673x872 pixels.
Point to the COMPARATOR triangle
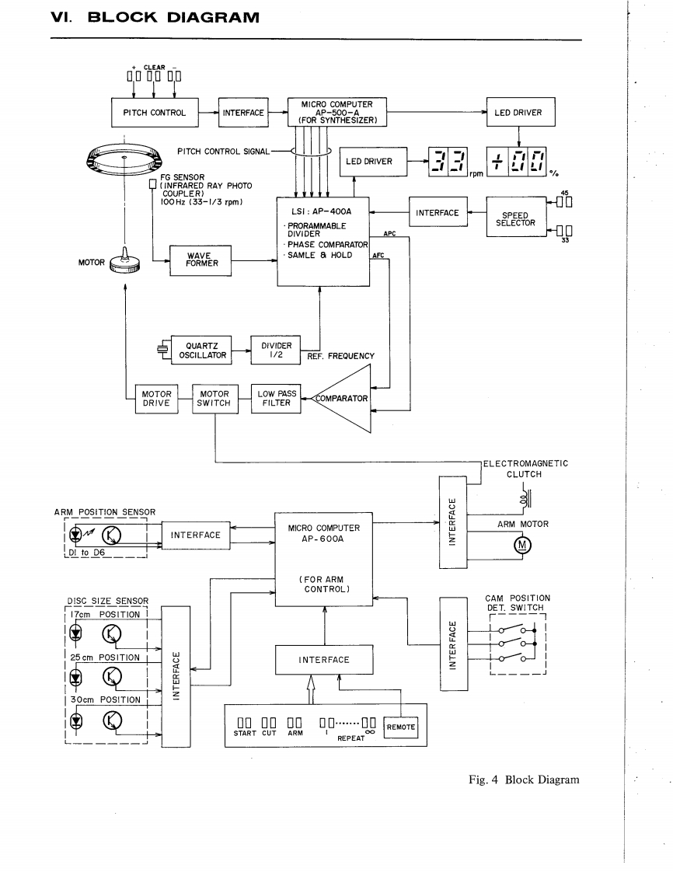click(342, 399)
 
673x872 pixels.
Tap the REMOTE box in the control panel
click(402, 727)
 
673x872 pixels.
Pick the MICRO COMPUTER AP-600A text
click(323, 535)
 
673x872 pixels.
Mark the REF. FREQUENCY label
click(341, 357)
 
